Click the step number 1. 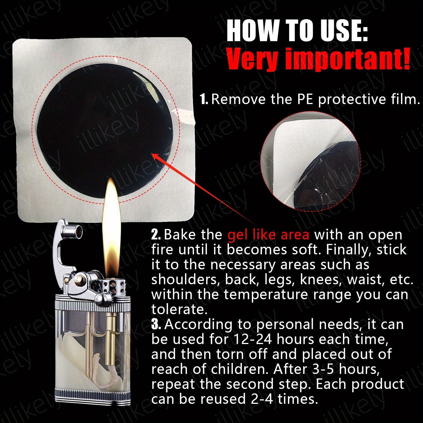(204, 99)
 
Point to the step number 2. (156, 235)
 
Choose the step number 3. (156, 324)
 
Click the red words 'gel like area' (268, 235)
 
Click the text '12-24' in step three (253, 339)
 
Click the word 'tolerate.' (179, 309)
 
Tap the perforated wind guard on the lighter (108, 286)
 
